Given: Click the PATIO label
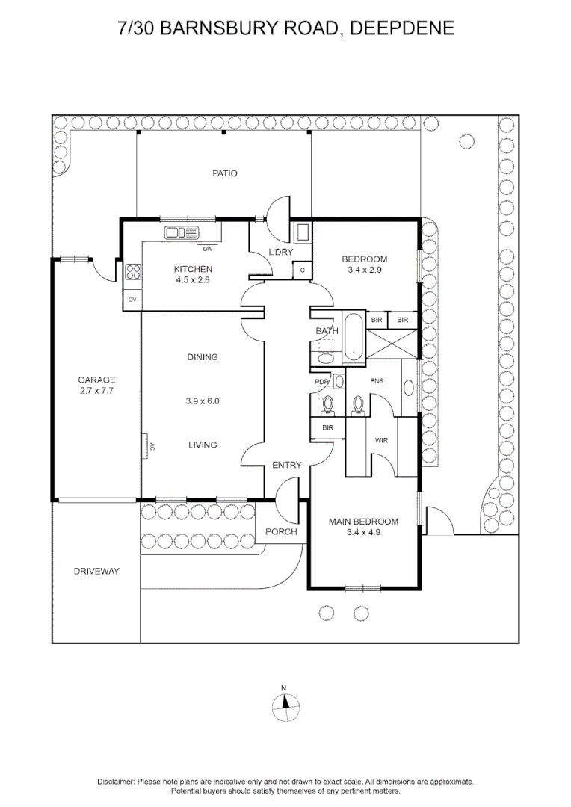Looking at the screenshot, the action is [x=225, y=173].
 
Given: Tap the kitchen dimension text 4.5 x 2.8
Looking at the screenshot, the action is [x=193, y=280].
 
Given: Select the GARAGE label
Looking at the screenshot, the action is [x=96, y=380].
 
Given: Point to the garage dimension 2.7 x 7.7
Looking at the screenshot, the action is [x=96, y=391].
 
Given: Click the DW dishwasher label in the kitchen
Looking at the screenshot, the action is [x=208, y=249].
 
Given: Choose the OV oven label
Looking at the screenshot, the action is [x=132, y=300].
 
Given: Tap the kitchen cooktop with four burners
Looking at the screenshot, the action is [x=133, y=272].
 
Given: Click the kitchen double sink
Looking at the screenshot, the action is [x=181, y=232].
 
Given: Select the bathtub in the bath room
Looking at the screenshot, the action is [x=354, y=336].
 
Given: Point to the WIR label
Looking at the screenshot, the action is [x=381, y=441].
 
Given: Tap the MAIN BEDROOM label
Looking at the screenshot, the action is [x=363, y=522].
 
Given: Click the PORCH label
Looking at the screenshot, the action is [x=281, y=532].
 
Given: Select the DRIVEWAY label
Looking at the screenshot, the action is [x=96, y=572].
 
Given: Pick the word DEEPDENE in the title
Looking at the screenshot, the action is [x=402, y=28].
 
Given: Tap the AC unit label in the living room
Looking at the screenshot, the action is [x=152, y=446].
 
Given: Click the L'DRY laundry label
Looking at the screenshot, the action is [x=280, y=252].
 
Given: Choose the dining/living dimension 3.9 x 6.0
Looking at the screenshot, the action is [x=203, y=401].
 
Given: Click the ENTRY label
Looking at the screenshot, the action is [x=287, y=465].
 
